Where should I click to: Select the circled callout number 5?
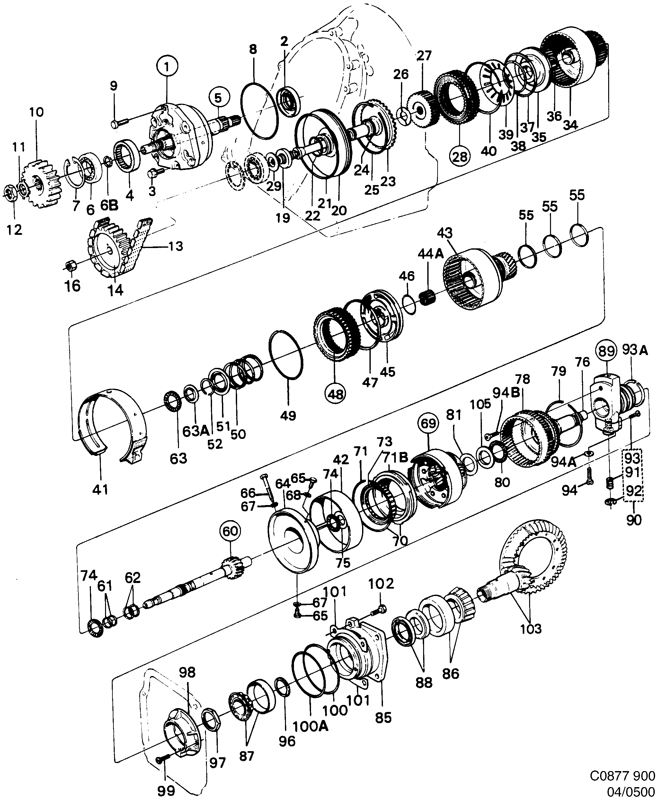point(218,98)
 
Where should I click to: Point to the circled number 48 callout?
point(336,394)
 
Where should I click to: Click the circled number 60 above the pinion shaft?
point(230,531)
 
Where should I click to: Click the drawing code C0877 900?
point(623,775)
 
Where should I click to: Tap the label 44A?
point(430,254)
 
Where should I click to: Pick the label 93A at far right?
point(635,351)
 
